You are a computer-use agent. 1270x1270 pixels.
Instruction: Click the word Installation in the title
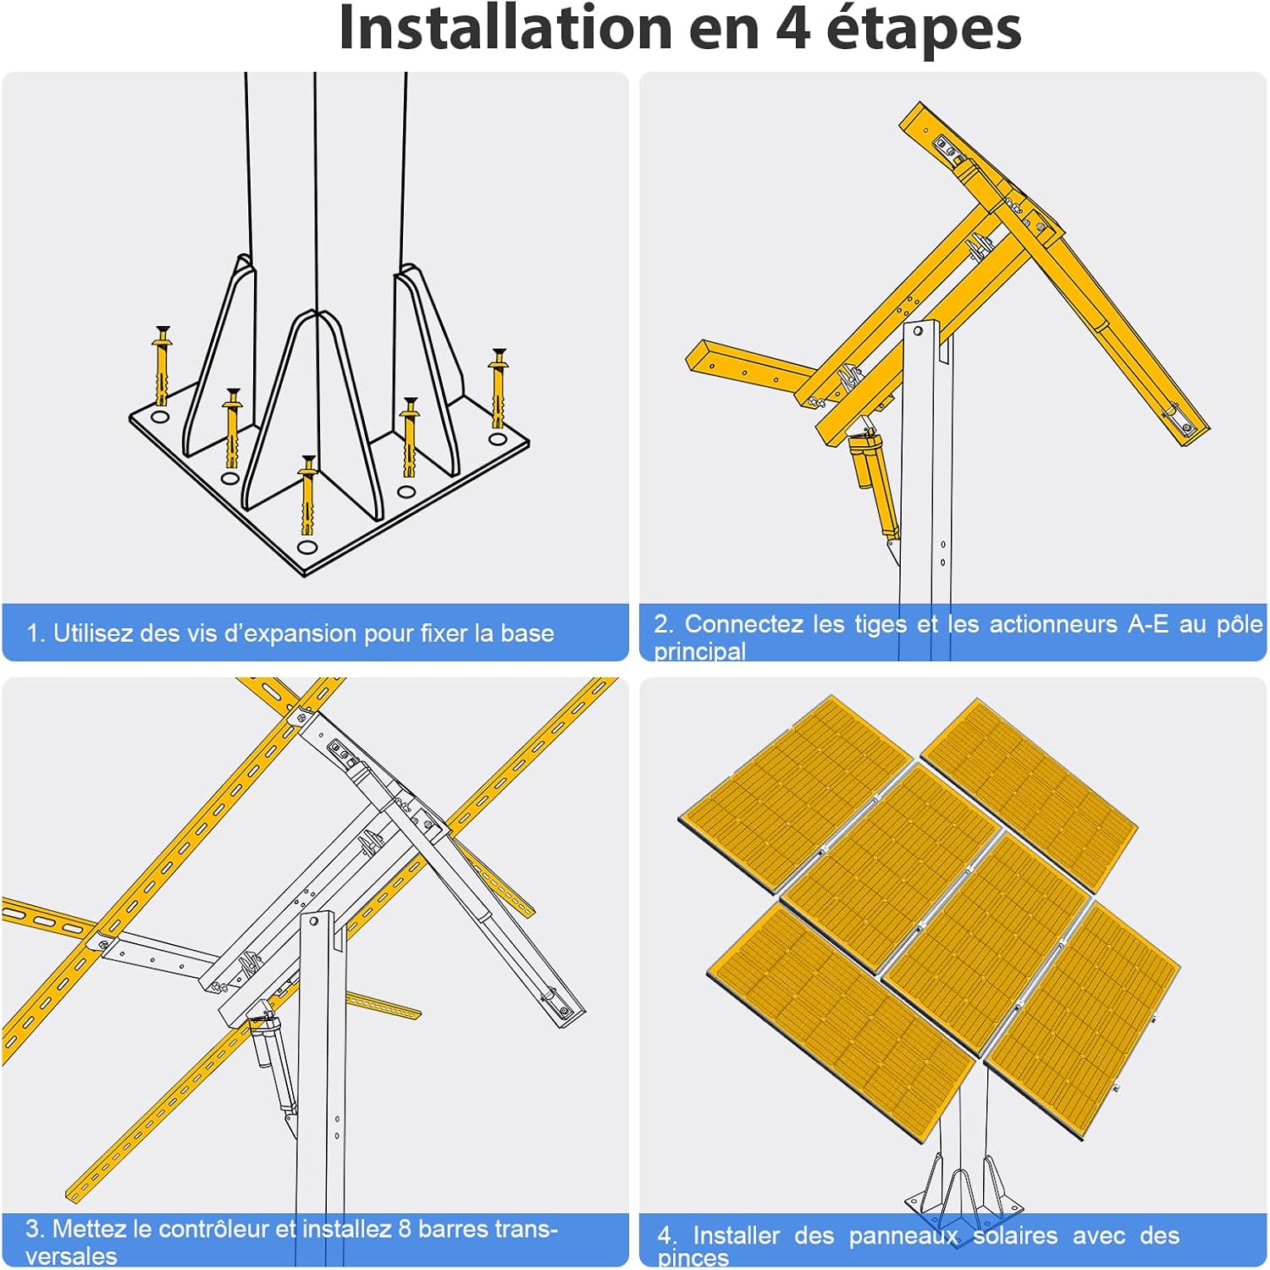tap(506, 27)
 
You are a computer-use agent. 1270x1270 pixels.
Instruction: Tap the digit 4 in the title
tap(793, 28)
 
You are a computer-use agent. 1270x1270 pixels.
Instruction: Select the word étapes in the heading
tap(924, 30)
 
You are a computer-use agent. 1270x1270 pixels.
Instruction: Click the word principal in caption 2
tap(700, 650)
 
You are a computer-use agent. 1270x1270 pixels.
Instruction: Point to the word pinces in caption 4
tap(693, 1259)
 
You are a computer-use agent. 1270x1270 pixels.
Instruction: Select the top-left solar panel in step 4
tap(797, 791)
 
